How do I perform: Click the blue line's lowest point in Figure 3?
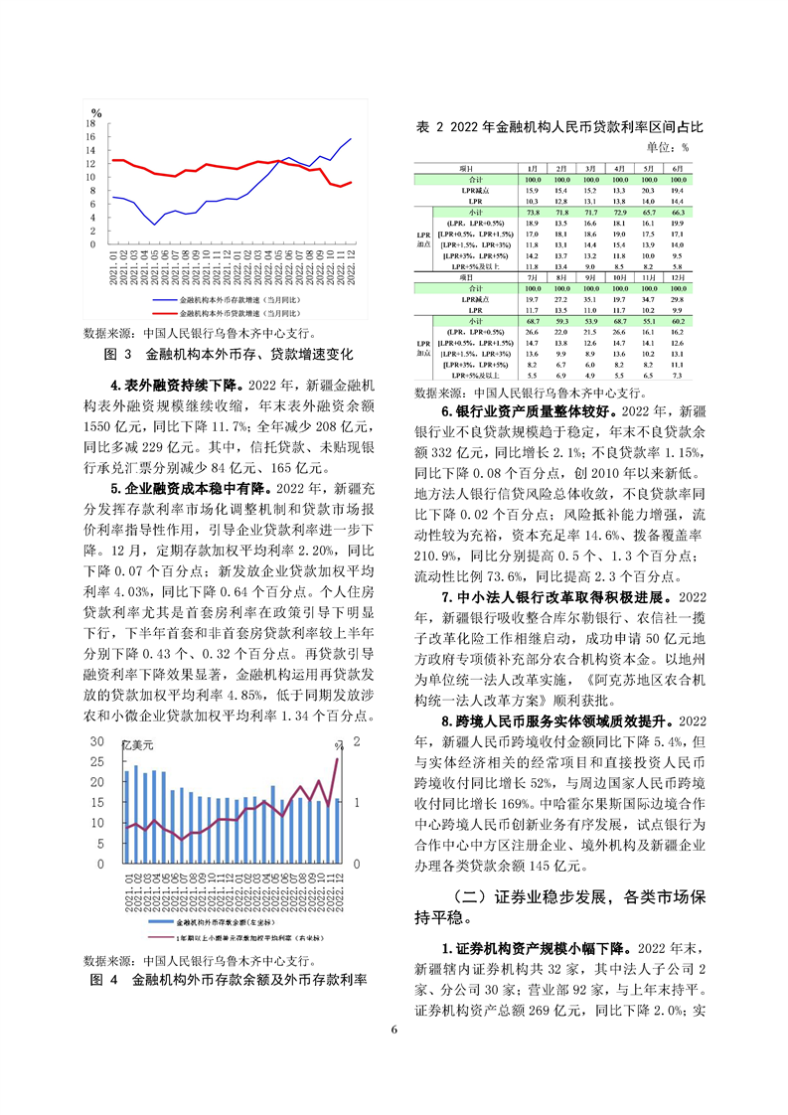[x=154, y=225]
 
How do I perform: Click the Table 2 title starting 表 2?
[x=560, y=127]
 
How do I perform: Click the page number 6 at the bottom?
[x=394, y=1028]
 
